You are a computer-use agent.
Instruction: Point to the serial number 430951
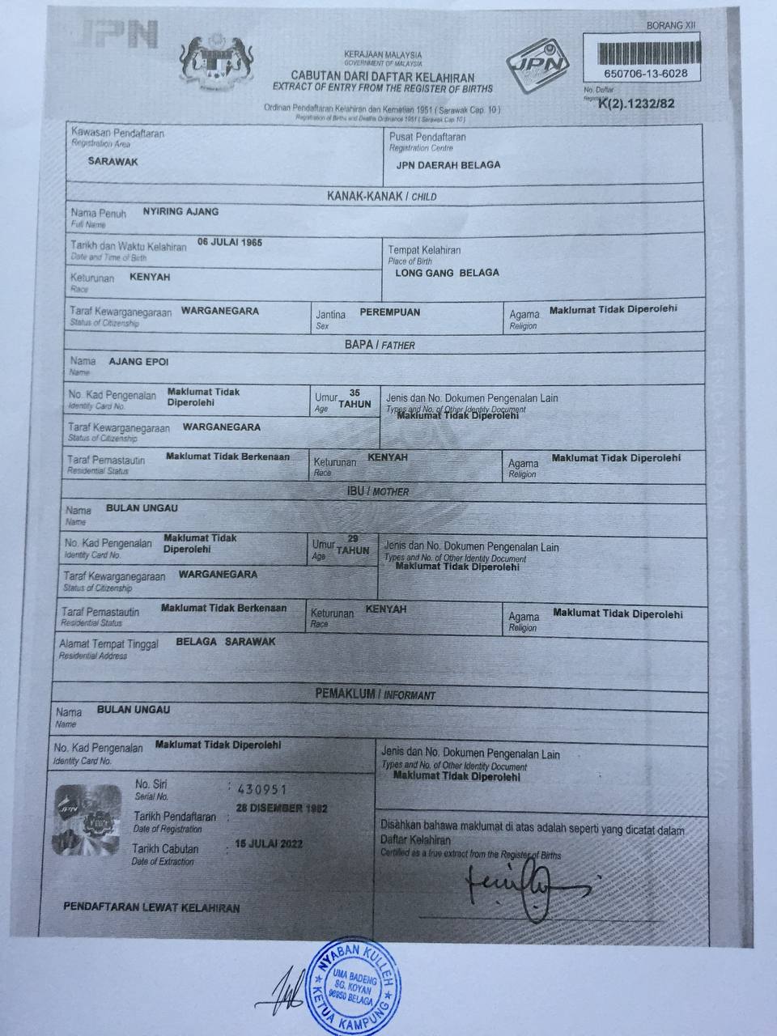pos(257,788)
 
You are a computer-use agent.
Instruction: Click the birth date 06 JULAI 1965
pos(230,242)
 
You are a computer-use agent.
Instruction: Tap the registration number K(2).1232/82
pos(635,103)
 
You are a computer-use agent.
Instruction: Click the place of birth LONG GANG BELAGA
pos(447,273)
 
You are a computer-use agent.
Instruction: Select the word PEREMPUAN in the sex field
pos(389,312)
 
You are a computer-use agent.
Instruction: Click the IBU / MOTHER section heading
pos(378,491)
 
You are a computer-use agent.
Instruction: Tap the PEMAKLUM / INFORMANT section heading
pos(375,694)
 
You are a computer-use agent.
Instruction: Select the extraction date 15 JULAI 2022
pos(269,843)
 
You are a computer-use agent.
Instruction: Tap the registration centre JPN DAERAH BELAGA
pos(448,164)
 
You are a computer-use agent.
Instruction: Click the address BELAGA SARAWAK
pos(226,641)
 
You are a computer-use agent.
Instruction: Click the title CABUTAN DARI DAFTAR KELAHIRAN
pos(383,78)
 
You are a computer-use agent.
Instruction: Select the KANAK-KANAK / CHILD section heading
pos(381,197)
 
